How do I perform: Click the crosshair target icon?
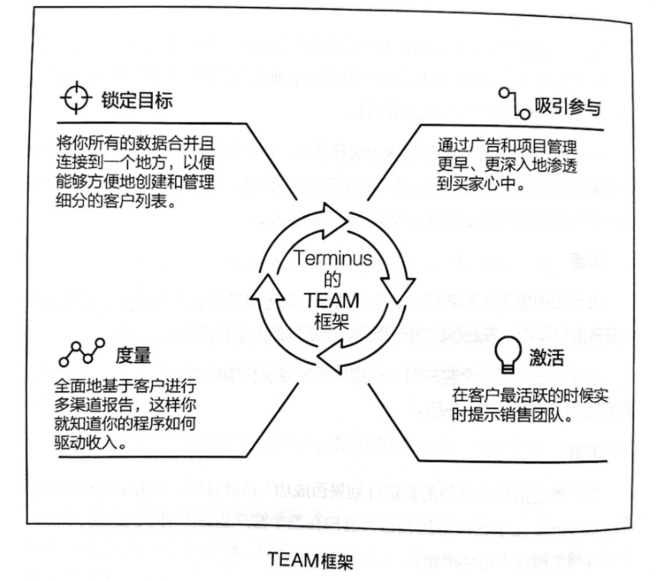76,98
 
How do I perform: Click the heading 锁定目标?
137,100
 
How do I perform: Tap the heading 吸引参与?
567,107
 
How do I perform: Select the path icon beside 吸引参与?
514,102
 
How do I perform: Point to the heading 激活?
547,358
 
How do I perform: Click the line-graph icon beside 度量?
82,353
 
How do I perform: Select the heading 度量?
133,355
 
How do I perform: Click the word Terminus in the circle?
332,258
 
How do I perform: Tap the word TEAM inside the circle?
331,301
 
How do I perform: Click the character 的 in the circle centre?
332,280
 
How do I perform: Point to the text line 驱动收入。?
92,443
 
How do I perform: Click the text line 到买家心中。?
482,184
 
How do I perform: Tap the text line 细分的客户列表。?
116,201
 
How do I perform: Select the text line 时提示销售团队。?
512,415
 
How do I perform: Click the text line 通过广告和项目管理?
507,146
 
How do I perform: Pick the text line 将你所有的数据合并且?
135,143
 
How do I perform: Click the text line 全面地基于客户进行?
126,386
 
